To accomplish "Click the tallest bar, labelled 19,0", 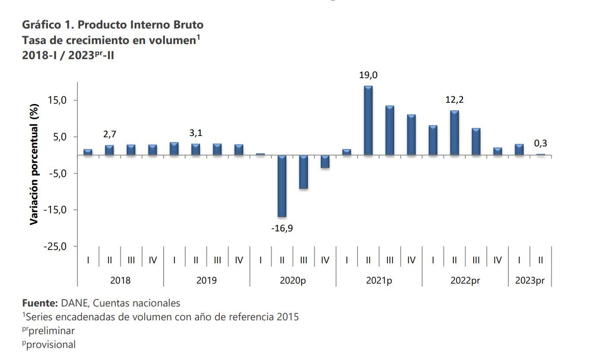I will click(368, 120).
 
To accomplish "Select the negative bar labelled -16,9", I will click(282, 186).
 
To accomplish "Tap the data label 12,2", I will click(455, 100).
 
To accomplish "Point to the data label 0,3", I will click(541, 143).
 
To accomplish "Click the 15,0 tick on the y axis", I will click(57, 101).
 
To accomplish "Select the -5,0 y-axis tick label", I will click(57, 174).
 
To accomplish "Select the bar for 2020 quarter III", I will click(304, 172).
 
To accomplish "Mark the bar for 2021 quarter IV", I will click(411, 135).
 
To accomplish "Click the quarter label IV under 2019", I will click(239, 260).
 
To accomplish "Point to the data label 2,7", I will click(110, 135).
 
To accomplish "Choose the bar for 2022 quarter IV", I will click(497, 151).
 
